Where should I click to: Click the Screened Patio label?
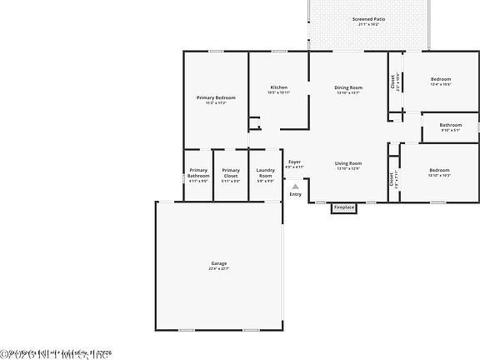coord(367,18)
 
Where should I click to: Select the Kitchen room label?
coord(278,87)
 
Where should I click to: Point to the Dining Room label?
coord(348,87)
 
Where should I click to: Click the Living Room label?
coord(348,163)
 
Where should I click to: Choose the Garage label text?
coord(218,263)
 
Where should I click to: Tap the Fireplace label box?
coord(344,207)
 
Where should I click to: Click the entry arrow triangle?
coord(295,187)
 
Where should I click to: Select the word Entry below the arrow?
coord(295,195)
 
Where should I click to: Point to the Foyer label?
coord(294,162)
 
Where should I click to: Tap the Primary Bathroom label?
coord(198,173)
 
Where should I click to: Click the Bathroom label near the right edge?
coord(451,125)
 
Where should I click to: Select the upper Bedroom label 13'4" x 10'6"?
coord(440,79)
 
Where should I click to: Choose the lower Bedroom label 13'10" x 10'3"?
coord(439,170)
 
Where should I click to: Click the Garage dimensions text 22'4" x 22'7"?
coord(218,268)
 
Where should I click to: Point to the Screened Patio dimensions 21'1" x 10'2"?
coord(367,24)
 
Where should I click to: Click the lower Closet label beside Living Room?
coord(392,177)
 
